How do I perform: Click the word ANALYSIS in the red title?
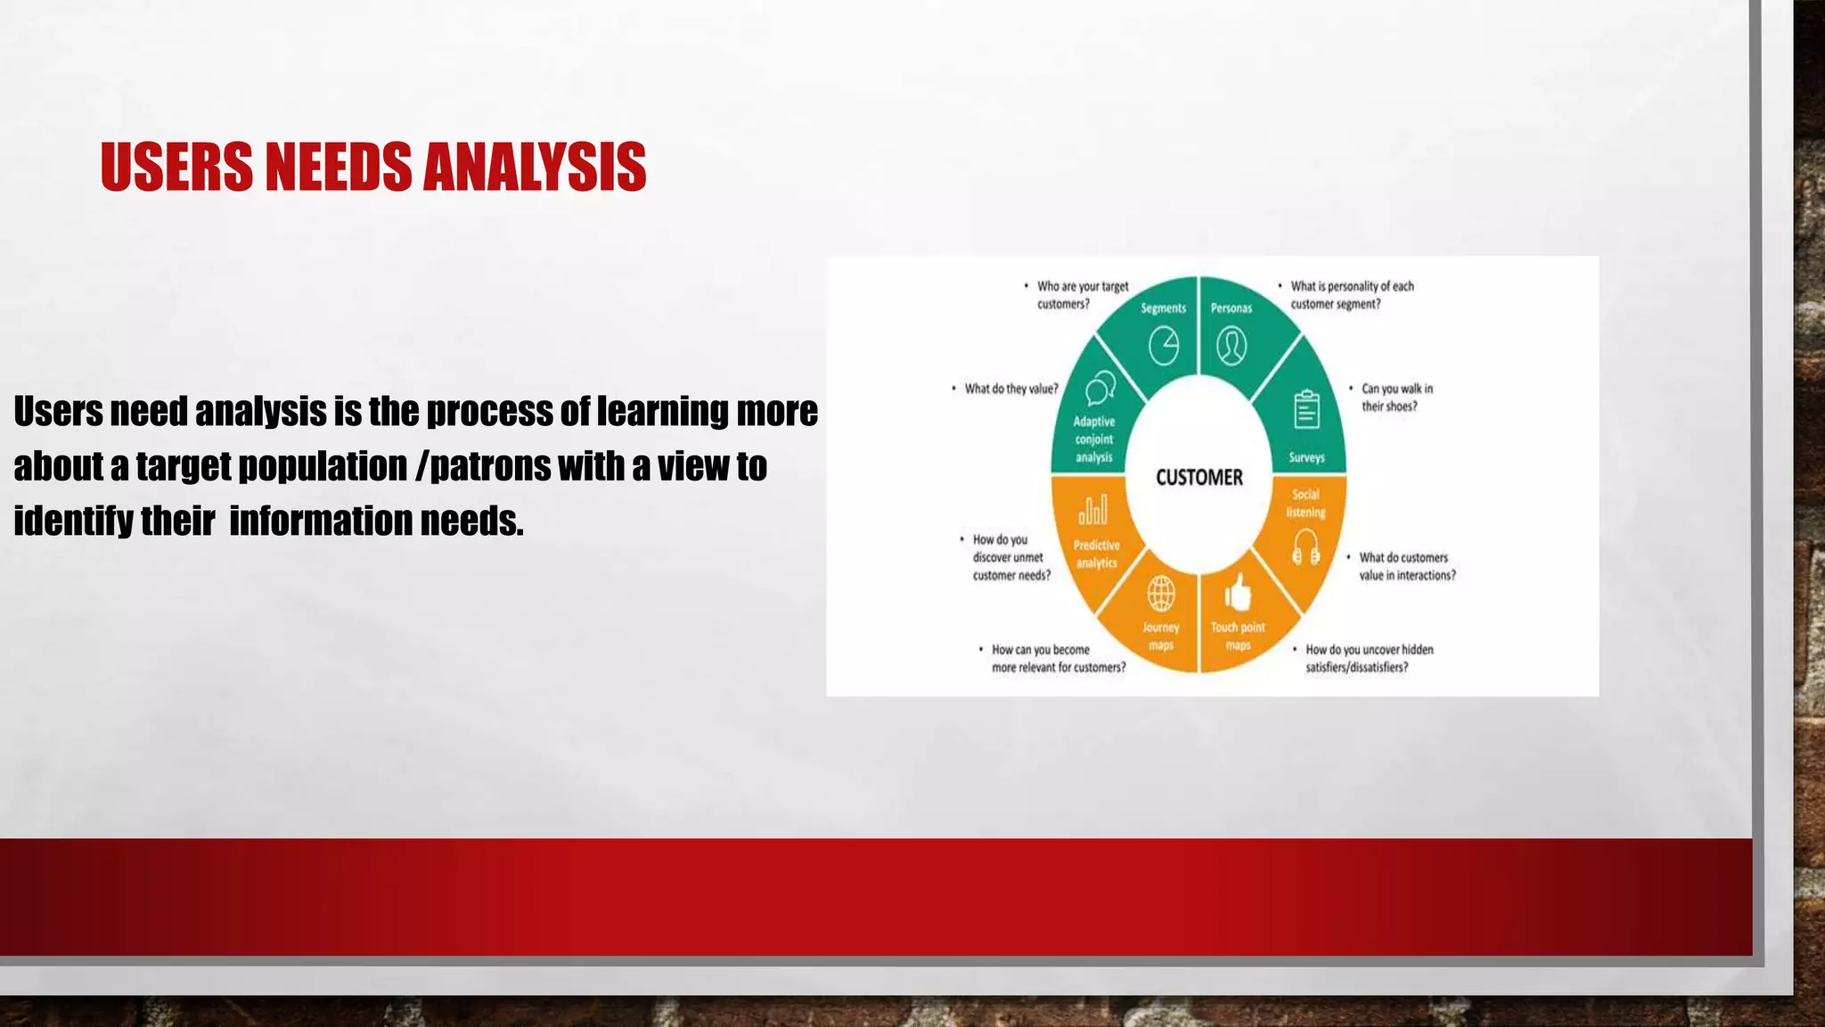[535, 167]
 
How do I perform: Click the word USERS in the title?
[176, 167]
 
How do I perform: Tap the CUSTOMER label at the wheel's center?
[1199, 478]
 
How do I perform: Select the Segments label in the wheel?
[1163, 308]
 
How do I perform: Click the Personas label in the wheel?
[1231, 308]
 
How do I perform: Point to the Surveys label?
[1306, 457]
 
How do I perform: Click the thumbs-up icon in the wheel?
[1238, 592]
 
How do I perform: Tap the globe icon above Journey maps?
[1160, 592]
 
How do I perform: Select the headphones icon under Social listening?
[1305, 546]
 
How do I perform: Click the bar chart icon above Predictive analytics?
[1093, 510]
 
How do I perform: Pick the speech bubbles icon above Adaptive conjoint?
[1101, 389]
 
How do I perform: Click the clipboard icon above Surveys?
[1306, 410]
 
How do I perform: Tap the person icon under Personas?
[1232, 346]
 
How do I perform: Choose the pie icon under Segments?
[1164, 346]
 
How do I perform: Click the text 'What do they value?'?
[1011, 389]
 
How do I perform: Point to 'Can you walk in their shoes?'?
[1395, 398]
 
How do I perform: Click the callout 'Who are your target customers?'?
[1081, 295]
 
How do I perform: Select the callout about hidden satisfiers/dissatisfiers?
[1368, 659]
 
